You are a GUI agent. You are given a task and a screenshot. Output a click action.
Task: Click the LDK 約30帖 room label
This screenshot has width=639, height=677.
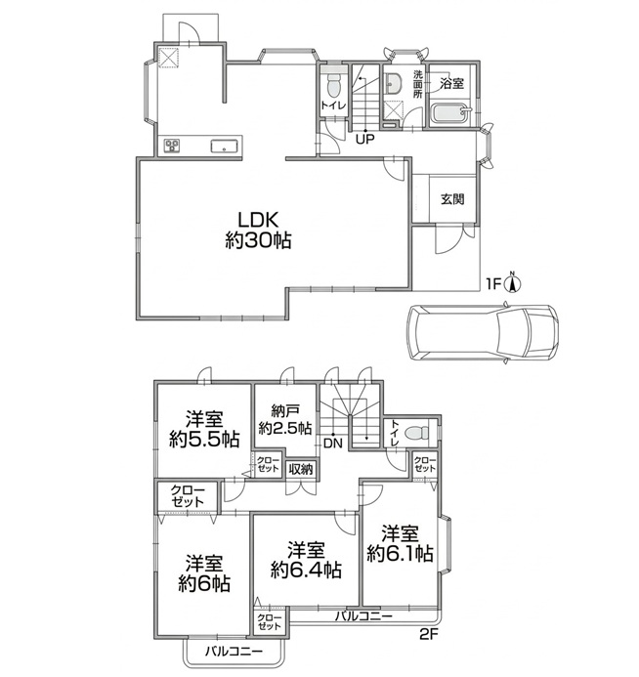258,231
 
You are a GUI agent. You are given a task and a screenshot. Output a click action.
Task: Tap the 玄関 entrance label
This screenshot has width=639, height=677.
452,199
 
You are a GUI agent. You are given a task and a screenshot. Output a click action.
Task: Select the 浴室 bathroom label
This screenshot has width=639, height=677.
451,83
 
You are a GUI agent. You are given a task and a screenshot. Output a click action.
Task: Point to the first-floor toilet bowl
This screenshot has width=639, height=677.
333,86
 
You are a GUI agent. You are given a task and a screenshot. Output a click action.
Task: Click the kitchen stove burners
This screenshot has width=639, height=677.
172,146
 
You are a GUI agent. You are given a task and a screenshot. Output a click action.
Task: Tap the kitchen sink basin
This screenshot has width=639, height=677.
224,146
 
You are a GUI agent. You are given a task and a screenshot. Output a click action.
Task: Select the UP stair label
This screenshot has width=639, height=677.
364,139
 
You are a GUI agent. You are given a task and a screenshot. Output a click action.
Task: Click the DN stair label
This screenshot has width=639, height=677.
332,444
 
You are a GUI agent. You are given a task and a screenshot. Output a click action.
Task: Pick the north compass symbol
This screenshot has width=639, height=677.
513,282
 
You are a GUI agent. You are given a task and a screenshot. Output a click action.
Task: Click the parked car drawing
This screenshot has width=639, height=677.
483,332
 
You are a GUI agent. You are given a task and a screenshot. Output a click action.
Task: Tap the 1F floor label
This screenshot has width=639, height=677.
493,284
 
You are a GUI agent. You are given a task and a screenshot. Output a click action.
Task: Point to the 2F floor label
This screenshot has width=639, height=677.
428,634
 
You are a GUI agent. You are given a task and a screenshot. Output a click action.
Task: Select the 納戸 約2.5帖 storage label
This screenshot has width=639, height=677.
285,419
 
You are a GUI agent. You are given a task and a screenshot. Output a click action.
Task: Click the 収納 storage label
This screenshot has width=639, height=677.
301,469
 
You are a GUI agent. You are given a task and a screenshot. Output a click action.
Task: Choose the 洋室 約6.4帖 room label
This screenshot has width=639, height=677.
306,561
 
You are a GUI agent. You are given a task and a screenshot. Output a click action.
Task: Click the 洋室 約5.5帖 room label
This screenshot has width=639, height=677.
204,429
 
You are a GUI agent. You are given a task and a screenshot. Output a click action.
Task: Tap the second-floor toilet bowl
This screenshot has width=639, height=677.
418,432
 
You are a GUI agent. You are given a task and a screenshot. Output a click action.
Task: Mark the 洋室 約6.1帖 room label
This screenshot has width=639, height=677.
400,543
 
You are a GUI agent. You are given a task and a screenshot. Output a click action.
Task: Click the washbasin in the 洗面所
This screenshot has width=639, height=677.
393,83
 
